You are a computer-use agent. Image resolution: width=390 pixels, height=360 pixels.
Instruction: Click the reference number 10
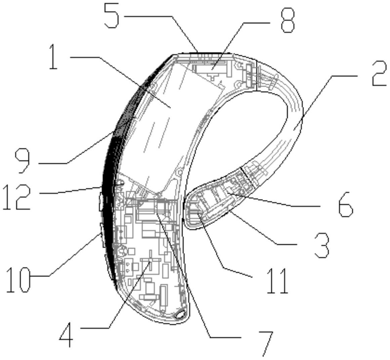click(x=18, y=280)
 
